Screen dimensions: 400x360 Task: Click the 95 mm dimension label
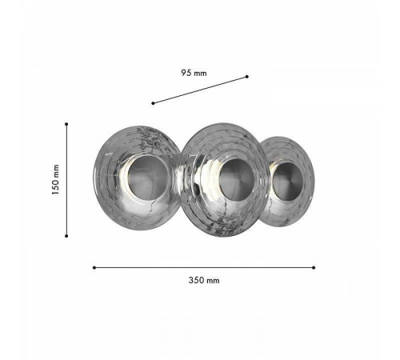[x=194, y=73]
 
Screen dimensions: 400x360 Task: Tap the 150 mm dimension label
[x=55, y=180]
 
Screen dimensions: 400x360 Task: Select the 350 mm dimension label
[x=204, y=280]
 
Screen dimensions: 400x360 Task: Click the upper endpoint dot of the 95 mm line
[x=247, y=77]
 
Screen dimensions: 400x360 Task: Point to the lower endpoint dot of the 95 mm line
[x=153, y=103]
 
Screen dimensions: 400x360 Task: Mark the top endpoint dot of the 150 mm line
[x=66, y=124]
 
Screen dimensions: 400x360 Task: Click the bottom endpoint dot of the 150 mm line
[x=66, y=236]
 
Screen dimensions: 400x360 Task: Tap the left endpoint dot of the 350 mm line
[x=94, y=267]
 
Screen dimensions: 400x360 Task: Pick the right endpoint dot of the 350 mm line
[x=314, y=267]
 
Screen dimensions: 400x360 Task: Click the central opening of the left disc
[x=148, y=178]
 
